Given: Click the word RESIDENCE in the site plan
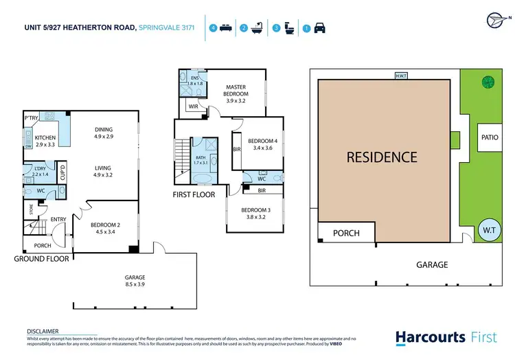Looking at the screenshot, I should pos(381,157).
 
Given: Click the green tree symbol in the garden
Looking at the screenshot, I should pos(488,82).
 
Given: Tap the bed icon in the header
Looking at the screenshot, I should pos(226,29).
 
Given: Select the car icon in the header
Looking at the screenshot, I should pos(320,29).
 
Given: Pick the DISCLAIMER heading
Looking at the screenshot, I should pos(43,331).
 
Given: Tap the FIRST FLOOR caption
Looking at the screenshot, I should pos(194,194).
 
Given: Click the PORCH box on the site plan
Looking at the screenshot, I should pos(346,233).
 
